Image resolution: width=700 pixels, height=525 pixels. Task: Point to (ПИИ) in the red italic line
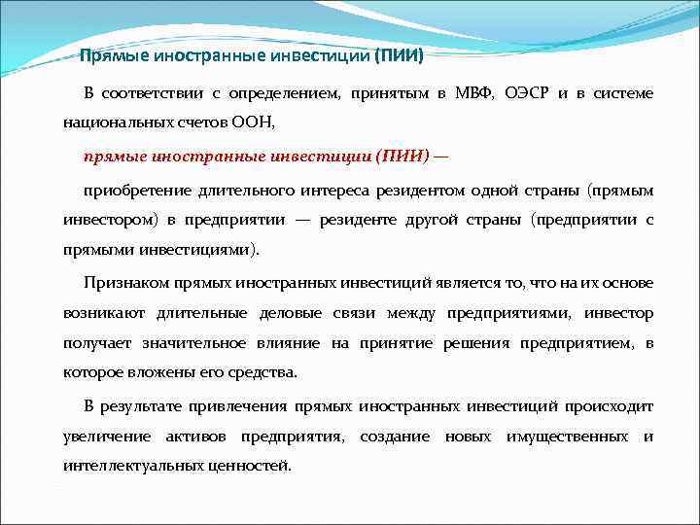[x=394, y=155]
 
